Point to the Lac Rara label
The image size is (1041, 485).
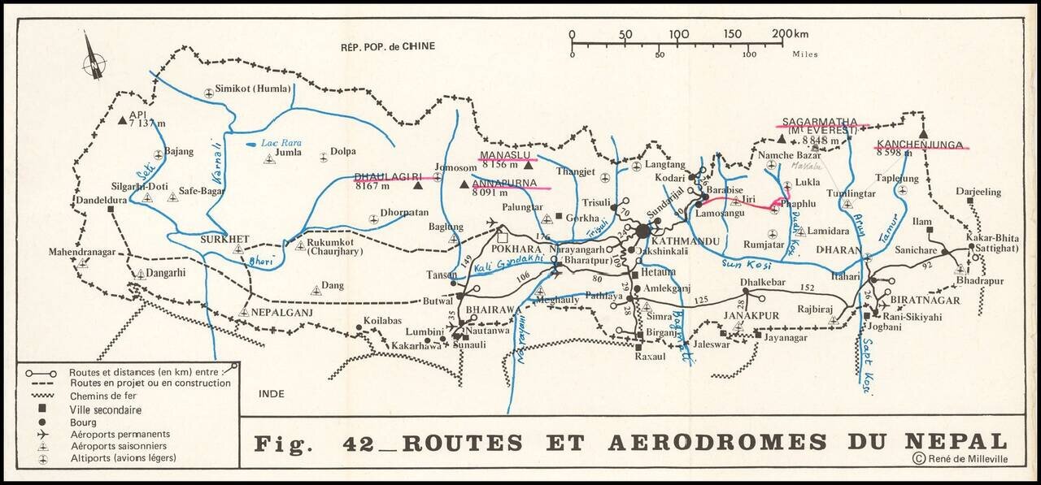pos(281,143)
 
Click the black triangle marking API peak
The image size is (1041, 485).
pos(122,121)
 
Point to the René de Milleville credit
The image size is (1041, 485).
pos(966,459)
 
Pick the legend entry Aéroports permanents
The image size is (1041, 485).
pos(120,434)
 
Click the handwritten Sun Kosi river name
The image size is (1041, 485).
pos(744,265)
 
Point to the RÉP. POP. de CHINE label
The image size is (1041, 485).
pos(388,46)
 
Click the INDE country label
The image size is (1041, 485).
pos(272,394)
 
